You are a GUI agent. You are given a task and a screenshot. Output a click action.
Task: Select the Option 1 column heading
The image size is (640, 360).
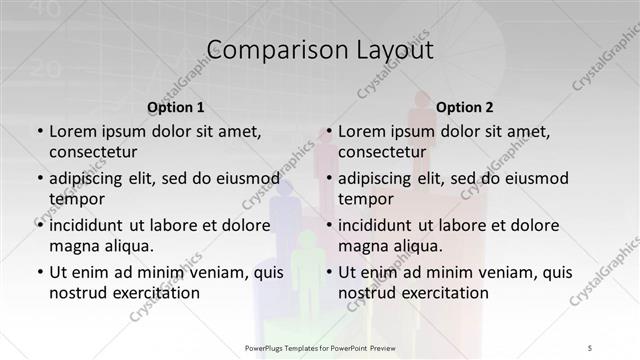click(x=176, y=107)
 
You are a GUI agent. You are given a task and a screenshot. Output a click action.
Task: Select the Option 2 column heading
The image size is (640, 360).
click(x=465, y=107)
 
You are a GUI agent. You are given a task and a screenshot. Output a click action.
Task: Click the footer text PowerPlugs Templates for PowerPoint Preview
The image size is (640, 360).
click(x=320, y=346)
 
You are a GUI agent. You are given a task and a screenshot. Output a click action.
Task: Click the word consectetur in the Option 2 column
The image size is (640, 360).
click(x=382, y=151)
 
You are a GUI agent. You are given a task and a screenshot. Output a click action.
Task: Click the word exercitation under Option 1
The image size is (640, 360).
click(x=150, y=292)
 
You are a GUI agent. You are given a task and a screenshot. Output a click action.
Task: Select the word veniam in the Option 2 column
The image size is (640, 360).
click(x=490, y=272)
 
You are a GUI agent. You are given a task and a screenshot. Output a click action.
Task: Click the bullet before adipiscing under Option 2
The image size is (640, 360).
click(x=330, y=179)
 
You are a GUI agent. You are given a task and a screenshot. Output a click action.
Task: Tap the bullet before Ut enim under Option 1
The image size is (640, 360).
click(x=40, y=273)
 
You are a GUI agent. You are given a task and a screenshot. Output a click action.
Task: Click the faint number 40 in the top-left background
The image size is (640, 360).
click(x=21, y=10)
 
